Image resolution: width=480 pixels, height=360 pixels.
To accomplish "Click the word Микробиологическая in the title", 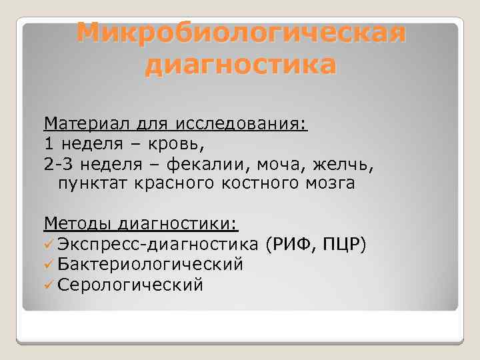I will pyautogui.click(x=241, y=32).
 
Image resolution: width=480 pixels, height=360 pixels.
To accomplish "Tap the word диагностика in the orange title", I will pyautogui.click(x=241, y=65).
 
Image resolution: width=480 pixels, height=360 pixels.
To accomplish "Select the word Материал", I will pyautogui.click(x=85, y=123).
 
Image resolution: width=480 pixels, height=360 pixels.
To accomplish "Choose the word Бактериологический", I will pyautogui.click(x=150, y=265).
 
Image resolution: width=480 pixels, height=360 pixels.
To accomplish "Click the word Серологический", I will pyautogui.click(x=130, y=285).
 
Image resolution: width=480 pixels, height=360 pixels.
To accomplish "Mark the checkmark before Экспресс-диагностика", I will pyautogui.click(x=49, y=245).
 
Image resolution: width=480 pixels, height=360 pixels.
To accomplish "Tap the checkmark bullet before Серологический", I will pyautogui.click(x=49, y=285).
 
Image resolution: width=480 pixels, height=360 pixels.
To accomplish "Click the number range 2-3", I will pyautogui.click(x=58, y=163).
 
